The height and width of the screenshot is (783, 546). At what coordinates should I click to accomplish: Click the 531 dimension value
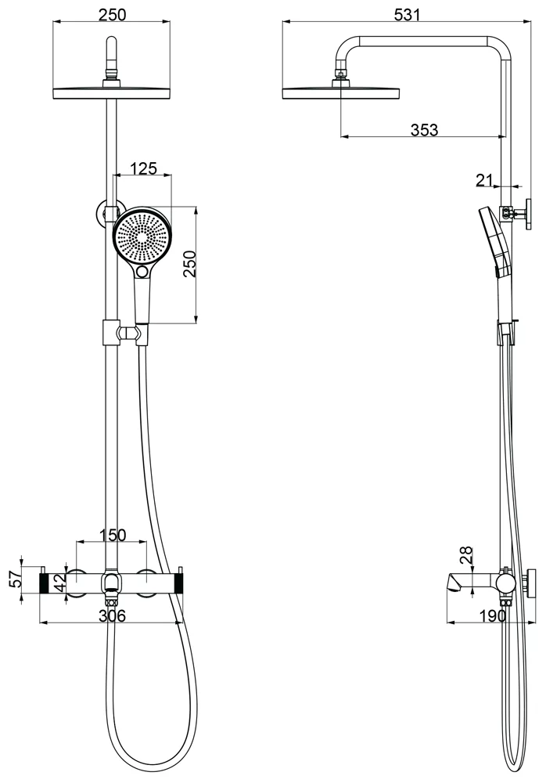[x=407, y=14]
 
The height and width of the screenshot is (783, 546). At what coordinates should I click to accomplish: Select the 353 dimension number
[x=424, y=130]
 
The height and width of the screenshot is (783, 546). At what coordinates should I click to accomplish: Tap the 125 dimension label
[x=143, y=168]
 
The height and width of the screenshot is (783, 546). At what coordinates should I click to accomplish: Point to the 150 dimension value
[x=113, y=535]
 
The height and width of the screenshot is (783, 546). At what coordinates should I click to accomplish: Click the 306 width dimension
[x=112, y=615]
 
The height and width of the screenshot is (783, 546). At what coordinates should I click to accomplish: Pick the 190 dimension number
[x=493, y=615]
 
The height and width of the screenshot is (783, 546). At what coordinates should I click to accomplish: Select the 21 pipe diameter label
[x=483, y=180]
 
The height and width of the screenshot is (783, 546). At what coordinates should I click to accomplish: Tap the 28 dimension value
[x=465, y=556]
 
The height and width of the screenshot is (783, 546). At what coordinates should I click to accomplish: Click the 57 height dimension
[x=16, y=579]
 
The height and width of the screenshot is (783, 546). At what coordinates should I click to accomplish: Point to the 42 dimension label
[x=59, y=583]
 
